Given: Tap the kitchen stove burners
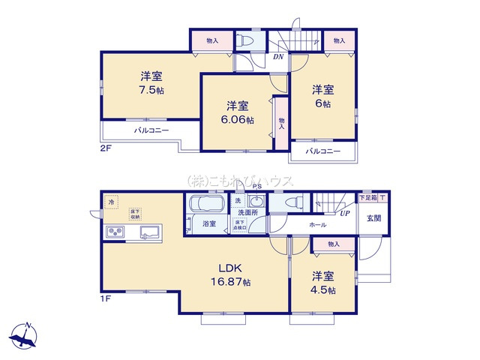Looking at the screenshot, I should (x=116, y=232).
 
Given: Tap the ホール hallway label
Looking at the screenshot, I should (x=316, y=223).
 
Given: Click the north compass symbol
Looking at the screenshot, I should (x=24, y=335).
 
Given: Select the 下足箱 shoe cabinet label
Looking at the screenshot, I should (x=367, y=197).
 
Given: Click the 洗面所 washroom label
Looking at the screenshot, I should (x=247, y=213).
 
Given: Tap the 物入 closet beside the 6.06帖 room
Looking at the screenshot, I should (x=281, y=121).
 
